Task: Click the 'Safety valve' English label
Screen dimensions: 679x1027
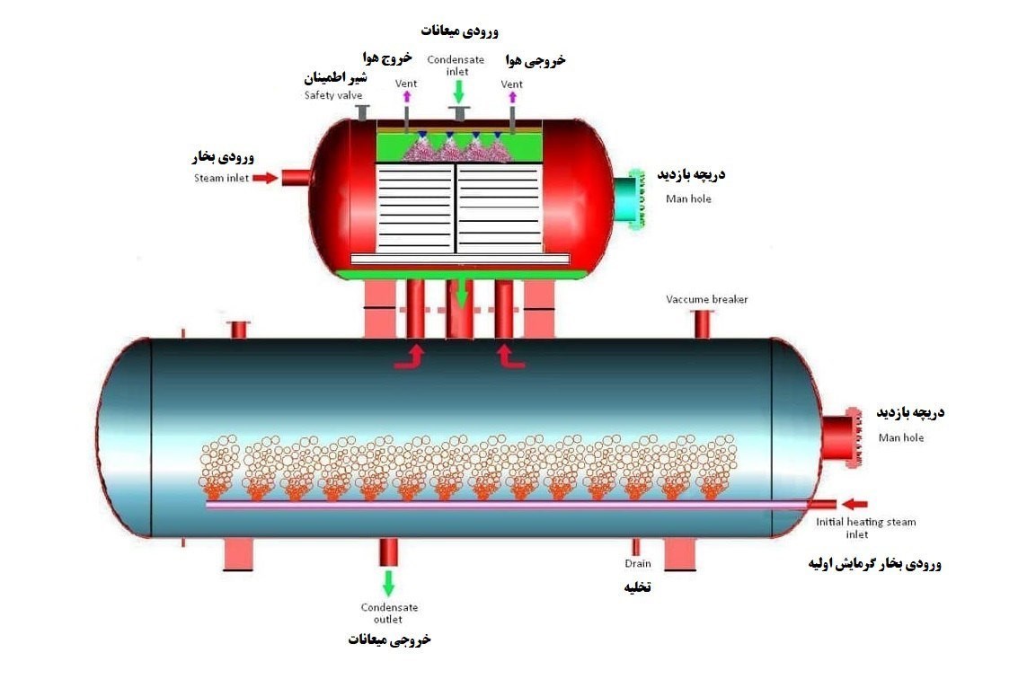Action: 332,95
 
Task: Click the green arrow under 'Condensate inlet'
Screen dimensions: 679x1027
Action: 459,91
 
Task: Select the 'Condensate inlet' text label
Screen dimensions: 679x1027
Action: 456,66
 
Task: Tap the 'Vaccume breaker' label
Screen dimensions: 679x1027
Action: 706,299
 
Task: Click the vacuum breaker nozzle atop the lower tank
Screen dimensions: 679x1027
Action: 703,323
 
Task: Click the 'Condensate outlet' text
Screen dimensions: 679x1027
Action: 389,613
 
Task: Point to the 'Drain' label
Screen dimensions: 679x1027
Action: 637,564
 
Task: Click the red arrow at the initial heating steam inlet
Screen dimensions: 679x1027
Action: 854,504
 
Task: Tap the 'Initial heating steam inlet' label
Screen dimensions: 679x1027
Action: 865,528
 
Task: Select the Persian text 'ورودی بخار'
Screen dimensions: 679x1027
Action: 223,158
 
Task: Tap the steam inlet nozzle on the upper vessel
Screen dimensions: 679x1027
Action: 296,177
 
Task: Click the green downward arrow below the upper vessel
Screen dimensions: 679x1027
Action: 462,293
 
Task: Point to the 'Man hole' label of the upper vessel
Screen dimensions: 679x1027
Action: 688,198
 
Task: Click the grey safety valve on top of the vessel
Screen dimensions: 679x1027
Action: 362,113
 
